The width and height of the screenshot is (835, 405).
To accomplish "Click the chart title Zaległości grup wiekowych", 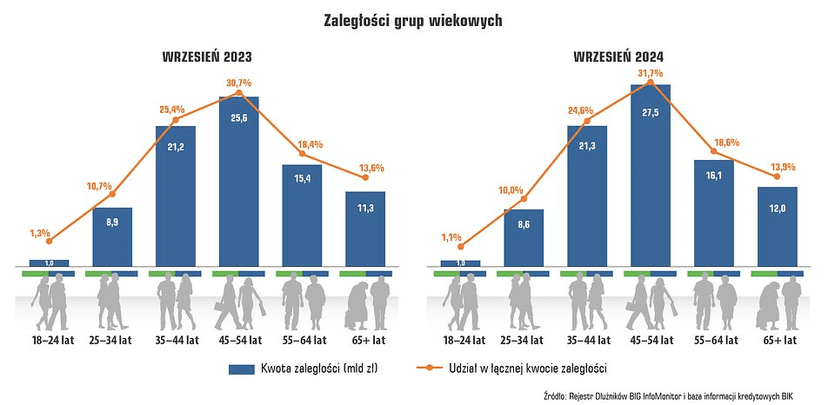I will point(417,19).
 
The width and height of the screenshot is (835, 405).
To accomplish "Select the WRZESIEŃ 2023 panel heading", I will point(207,57).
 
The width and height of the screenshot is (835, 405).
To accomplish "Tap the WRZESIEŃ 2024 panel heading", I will point(618,57).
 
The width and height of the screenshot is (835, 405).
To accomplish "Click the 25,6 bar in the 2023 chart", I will point(239,183).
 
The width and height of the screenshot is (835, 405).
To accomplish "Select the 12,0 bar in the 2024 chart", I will point(778,226).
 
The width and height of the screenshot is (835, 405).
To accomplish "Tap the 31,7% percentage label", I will point(650,73).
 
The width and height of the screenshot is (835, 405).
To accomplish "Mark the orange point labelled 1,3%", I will point(49,242).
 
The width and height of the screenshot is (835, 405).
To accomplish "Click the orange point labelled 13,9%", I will point(778,176).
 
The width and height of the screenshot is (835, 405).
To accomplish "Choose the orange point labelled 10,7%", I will point(112,194).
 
